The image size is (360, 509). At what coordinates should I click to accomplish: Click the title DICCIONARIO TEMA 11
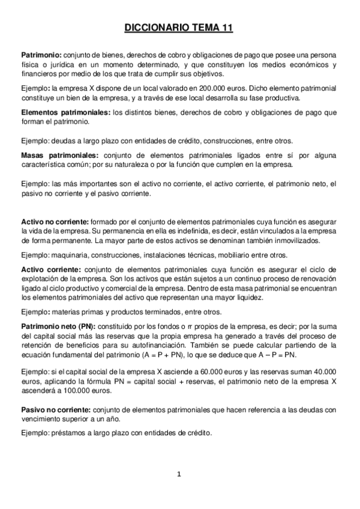tap(179, 28)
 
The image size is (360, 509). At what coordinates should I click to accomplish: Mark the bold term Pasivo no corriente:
tap(56, 410)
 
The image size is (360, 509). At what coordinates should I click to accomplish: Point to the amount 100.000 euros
tap(82, 390)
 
